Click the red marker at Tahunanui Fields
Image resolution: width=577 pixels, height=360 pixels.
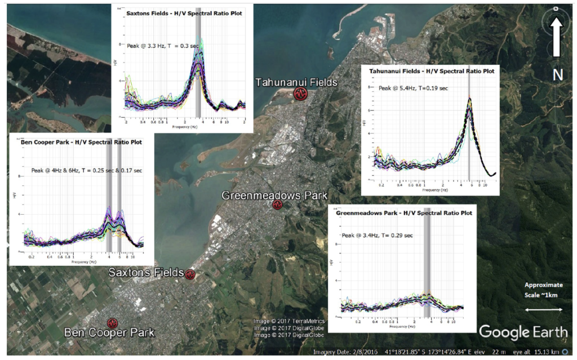301,94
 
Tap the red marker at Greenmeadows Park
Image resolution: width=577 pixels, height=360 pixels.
277,205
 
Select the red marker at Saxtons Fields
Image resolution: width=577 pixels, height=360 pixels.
190,274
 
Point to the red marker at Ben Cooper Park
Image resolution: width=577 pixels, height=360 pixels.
113,323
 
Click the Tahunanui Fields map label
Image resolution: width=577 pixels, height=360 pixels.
296,82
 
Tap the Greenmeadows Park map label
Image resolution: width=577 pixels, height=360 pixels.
274,195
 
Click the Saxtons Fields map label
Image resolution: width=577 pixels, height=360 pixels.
146,273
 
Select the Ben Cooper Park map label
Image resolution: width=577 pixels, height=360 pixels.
109,333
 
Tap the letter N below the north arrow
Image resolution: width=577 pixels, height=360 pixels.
557,74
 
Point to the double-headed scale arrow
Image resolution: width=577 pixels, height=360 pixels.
543,310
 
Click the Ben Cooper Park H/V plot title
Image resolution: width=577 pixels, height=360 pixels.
81,142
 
